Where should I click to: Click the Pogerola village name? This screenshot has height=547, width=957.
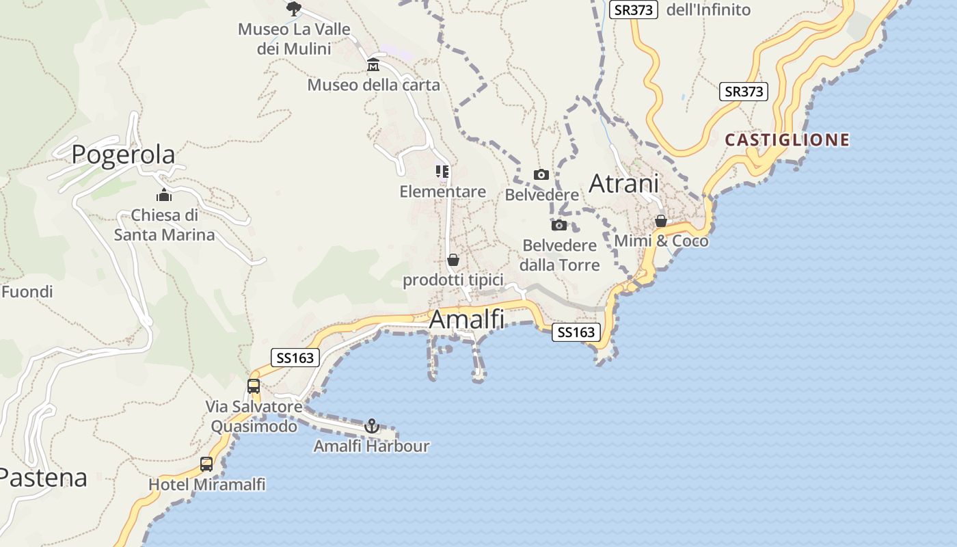123,155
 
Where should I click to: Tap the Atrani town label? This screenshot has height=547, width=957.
623,184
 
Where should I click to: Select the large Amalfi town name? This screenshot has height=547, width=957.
467,319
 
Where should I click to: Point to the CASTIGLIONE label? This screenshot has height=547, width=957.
787,140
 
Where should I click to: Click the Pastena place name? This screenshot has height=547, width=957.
42,477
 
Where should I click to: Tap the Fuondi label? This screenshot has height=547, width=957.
27,292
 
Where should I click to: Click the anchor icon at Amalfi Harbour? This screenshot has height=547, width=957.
371,427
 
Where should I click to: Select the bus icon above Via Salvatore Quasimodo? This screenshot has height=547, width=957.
254,386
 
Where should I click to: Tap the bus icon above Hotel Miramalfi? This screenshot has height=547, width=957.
206,464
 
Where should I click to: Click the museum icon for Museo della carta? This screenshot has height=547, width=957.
373,65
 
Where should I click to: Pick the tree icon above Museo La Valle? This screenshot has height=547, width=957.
294,9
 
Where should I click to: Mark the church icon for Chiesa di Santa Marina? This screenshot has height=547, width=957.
164,195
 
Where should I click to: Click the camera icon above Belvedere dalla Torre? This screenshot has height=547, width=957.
559,225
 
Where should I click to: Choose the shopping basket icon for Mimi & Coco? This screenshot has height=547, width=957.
661,221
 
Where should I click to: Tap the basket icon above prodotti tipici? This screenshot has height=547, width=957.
453,260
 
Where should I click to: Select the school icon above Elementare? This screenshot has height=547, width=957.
442,171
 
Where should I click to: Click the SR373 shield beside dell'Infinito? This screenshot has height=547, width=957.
634,10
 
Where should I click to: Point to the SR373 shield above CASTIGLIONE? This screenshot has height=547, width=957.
744,92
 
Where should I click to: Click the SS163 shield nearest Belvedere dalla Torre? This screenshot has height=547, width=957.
576,332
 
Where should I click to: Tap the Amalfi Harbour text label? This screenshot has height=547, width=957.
371,446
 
